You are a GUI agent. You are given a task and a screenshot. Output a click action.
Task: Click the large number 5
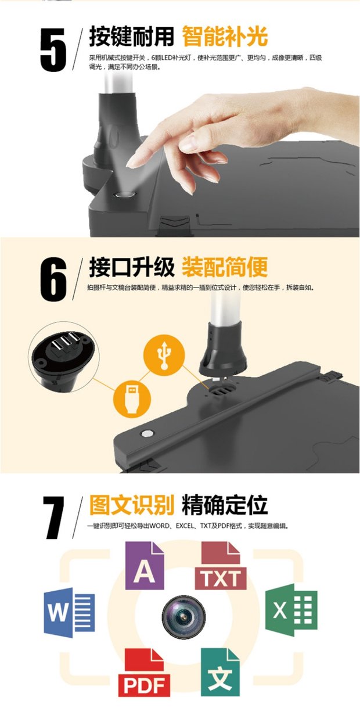coord(53,49)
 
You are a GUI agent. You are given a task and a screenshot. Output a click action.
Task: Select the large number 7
coord(54,517)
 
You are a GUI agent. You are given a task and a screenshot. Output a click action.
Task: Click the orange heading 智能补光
coord(225,37)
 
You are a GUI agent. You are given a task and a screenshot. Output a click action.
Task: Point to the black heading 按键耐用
coord(131,37)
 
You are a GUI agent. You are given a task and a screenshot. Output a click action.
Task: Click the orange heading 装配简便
coord(225,267)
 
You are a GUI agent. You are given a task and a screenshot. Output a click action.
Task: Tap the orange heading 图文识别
coord(131,505)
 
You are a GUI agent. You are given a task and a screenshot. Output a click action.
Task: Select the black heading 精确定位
coord(225,505)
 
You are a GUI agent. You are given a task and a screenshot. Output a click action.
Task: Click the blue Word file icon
coord(69,612)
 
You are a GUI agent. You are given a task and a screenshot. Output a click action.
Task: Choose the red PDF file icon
coord(144,677)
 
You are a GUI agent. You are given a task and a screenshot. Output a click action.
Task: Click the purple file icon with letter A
coord(145,566)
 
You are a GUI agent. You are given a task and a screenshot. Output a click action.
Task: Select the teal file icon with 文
coord(220,677)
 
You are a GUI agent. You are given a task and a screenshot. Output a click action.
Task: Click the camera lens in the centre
coord(183,617)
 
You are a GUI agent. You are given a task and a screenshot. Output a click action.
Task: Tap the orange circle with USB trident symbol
coord(164,355)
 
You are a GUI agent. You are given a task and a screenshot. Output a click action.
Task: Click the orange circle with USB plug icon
coord(132,399)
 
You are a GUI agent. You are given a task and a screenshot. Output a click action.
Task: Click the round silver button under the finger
coord(125,195)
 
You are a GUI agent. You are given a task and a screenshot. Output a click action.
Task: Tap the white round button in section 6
coord(147,433)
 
